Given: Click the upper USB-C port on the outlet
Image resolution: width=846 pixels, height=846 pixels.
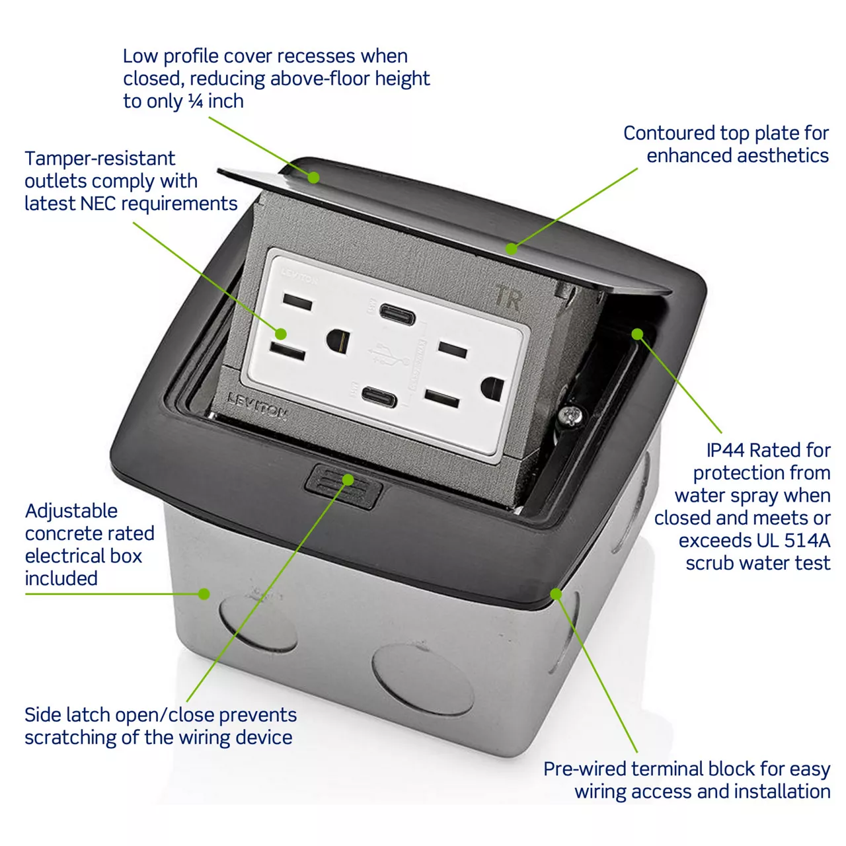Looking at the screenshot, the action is coord(397,315).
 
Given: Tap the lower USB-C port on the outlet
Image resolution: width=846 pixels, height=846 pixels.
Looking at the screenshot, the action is coord(379,398).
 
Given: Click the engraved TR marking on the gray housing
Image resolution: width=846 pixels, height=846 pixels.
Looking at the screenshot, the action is coord(508,297).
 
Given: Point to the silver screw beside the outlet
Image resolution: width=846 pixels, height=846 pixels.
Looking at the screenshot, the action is coord(570,415).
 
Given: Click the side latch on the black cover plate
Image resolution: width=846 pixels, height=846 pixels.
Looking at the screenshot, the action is coord(344,486).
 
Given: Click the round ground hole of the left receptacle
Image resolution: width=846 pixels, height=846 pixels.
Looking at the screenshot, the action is coord(338,341).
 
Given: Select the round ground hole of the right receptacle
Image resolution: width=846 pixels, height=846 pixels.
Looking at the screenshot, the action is coord(492,388).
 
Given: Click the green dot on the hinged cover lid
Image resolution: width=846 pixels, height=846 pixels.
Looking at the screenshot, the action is coord(313,177).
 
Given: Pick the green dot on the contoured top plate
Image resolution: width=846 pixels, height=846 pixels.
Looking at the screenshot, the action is coord(511,249).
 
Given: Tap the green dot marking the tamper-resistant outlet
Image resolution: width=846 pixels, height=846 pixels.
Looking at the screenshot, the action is coord(281,334).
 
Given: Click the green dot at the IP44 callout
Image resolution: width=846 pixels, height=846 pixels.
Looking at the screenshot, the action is coord(637,334).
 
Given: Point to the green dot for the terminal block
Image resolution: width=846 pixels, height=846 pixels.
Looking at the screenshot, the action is coord(556,594).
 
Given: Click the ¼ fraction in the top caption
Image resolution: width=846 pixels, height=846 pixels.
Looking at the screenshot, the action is coord(196,101).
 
